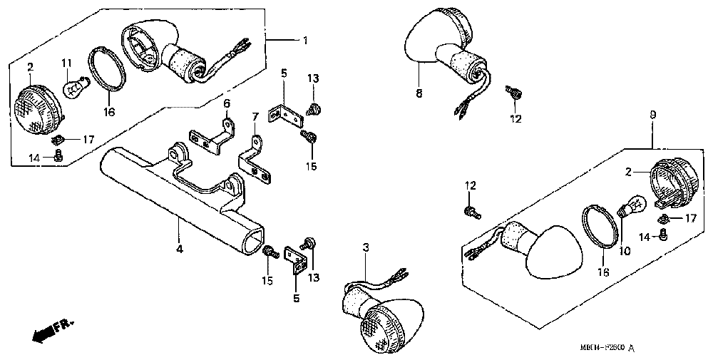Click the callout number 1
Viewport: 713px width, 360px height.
305,41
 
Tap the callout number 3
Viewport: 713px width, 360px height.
366,247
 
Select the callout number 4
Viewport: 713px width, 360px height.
180,249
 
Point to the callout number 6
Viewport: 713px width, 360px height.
227,104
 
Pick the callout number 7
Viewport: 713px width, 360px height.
255,116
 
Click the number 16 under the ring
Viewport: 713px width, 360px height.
109,112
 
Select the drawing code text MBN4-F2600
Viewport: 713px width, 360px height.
602,347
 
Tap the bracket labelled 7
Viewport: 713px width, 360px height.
257,161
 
